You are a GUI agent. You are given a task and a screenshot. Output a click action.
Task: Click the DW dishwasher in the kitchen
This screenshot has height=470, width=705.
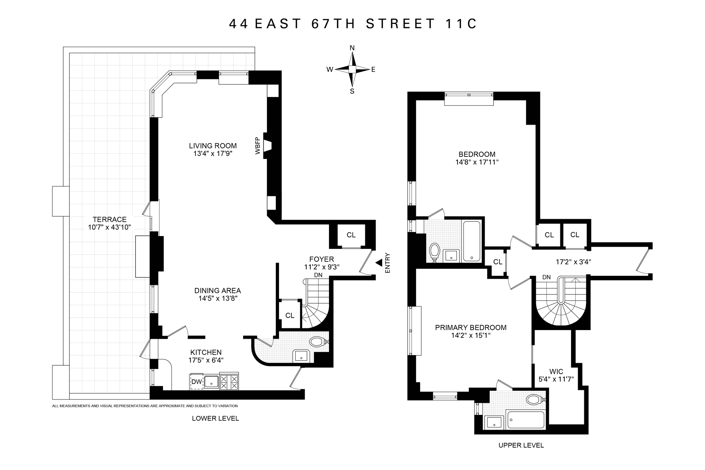tap(197, 382)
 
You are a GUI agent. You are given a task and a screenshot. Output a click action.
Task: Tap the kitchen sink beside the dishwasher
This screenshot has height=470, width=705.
tap(211, 382)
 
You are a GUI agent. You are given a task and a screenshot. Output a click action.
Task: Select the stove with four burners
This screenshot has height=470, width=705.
tap(229, 382)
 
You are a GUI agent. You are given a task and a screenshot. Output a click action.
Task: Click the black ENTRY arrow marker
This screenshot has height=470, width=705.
tap(379, 263)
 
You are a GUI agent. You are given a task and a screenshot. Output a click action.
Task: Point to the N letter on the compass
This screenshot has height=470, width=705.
tap(352, 48)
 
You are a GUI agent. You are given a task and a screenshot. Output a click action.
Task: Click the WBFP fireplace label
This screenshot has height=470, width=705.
tap(258, 146)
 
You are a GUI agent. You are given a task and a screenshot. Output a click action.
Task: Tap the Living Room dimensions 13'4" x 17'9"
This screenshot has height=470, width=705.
tap(213, 153)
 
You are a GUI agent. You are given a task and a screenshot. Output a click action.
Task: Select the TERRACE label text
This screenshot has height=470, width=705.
tap(109, 220)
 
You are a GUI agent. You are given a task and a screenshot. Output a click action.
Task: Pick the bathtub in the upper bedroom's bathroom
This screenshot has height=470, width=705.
tap(471, 241)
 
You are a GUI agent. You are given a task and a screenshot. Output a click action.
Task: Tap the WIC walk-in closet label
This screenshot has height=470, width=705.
tap(556, 372)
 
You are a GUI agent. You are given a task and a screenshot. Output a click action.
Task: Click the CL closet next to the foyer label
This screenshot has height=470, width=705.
tap(351, 235)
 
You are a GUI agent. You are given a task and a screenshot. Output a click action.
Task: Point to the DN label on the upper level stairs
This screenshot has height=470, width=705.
tap(546, 277)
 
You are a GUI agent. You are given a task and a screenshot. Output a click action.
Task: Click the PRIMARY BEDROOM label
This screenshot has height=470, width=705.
tap(471, 328)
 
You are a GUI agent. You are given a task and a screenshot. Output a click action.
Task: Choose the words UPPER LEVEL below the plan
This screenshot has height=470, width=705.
tap(521, 445)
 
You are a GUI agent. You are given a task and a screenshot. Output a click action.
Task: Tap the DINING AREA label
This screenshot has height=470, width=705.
tap(218, 291)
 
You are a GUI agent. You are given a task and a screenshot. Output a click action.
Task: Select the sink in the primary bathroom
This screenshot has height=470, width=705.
tap(494, 422)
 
